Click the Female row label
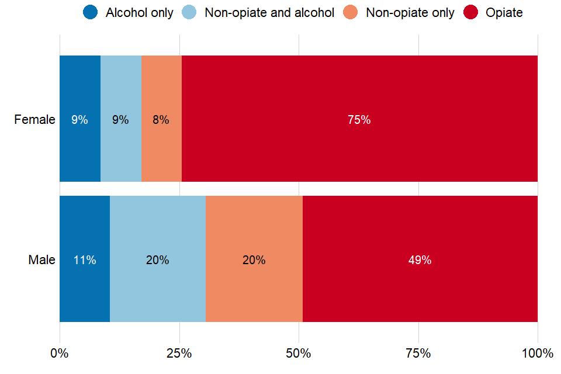point(34,120)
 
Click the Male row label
point(41,260)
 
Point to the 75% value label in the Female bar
point(359,120)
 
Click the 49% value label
point(420,260)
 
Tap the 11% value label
point(85,260)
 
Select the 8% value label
point(161,120)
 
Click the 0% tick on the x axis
point(60,354)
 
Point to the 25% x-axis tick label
point(179,354)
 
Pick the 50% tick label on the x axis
point(299,354)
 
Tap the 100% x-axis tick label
point(537,354)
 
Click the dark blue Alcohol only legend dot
point(91,12)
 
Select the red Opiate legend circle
point(470,12)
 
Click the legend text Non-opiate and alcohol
point(269,13)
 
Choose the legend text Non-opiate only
point(410,13)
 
